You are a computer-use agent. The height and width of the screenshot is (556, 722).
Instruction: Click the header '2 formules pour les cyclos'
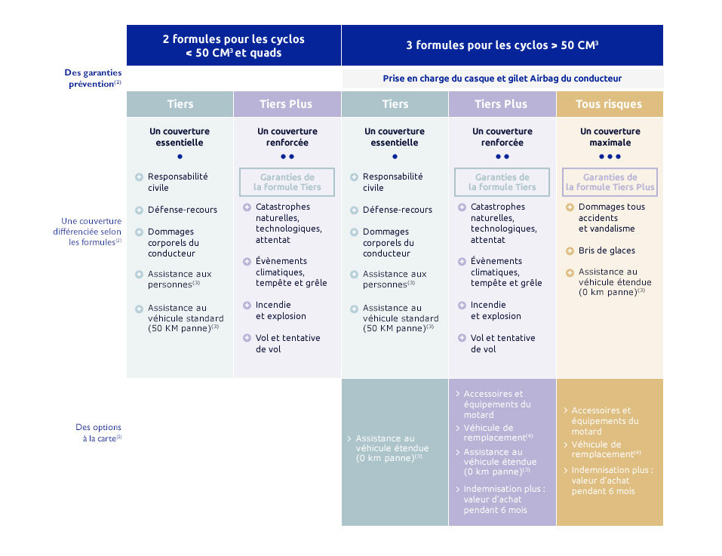click(233, 39)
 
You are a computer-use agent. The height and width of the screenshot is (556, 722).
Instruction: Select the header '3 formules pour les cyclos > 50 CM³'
click(502, 45)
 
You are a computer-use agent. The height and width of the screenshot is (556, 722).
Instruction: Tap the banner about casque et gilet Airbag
click(502, 78)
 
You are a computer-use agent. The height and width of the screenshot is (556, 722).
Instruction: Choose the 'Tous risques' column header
click(609, 104)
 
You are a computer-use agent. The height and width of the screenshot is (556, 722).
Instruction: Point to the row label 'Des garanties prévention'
click(93, 78)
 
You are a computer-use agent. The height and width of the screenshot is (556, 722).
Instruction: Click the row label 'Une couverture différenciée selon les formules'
click(88, 232)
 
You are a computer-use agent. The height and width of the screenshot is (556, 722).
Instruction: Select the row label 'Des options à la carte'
click(99, 432)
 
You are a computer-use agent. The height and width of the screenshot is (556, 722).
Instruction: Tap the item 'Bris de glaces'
click(607, 250)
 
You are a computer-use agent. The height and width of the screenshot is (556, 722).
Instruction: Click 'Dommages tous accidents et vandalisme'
click(612, 218)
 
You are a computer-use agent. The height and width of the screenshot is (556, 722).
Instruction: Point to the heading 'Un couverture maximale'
click(610, 137)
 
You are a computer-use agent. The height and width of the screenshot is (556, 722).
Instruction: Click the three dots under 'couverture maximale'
click(610, 156)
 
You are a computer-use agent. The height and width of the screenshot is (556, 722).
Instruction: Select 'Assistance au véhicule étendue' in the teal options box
click(392, 448)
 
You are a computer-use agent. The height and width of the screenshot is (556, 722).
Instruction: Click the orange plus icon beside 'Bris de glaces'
click(570, 251)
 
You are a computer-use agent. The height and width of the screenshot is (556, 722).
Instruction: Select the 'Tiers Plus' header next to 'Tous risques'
click(502, 104)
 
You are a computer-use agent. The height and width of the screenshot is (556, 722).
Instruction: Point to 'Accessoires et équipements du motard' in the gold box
click(604, 421)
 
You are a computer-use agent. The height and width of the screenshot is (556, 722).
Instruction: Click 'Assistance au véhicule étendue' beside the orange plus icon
click(615, 281)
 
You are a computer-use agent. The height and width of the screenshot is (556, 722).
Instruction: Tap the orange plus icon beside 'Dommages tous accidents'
click(570, 207)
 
